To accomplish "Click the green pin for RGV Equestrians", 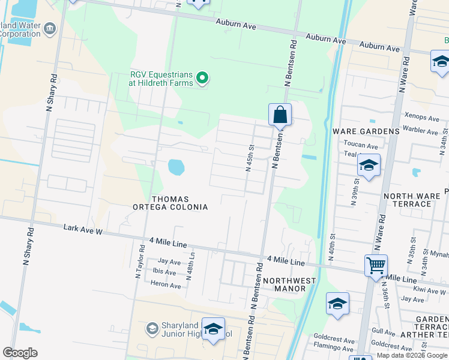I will tap(203, 78).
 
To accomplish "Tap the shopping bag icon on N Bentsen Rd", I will tap(280, 114).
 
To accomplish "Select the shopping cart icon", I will tap(376, 264).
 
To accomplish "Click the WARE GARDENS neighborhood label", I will tap(366, 131).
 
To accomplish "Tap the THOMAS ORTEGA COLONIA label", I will tap(170, 203).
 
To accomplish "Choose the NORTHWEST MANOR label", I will tap(289, 284).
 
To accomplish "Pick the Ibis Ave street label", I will tap(164, 272).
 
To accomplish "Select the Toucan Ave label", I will tap(360, 145).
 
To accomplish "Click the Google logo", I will tap(20, 352).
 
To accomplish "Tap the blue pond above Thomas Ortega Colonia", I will tap(176, 167).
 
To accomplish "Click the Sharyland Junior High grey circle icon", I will tap(152, 328).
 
